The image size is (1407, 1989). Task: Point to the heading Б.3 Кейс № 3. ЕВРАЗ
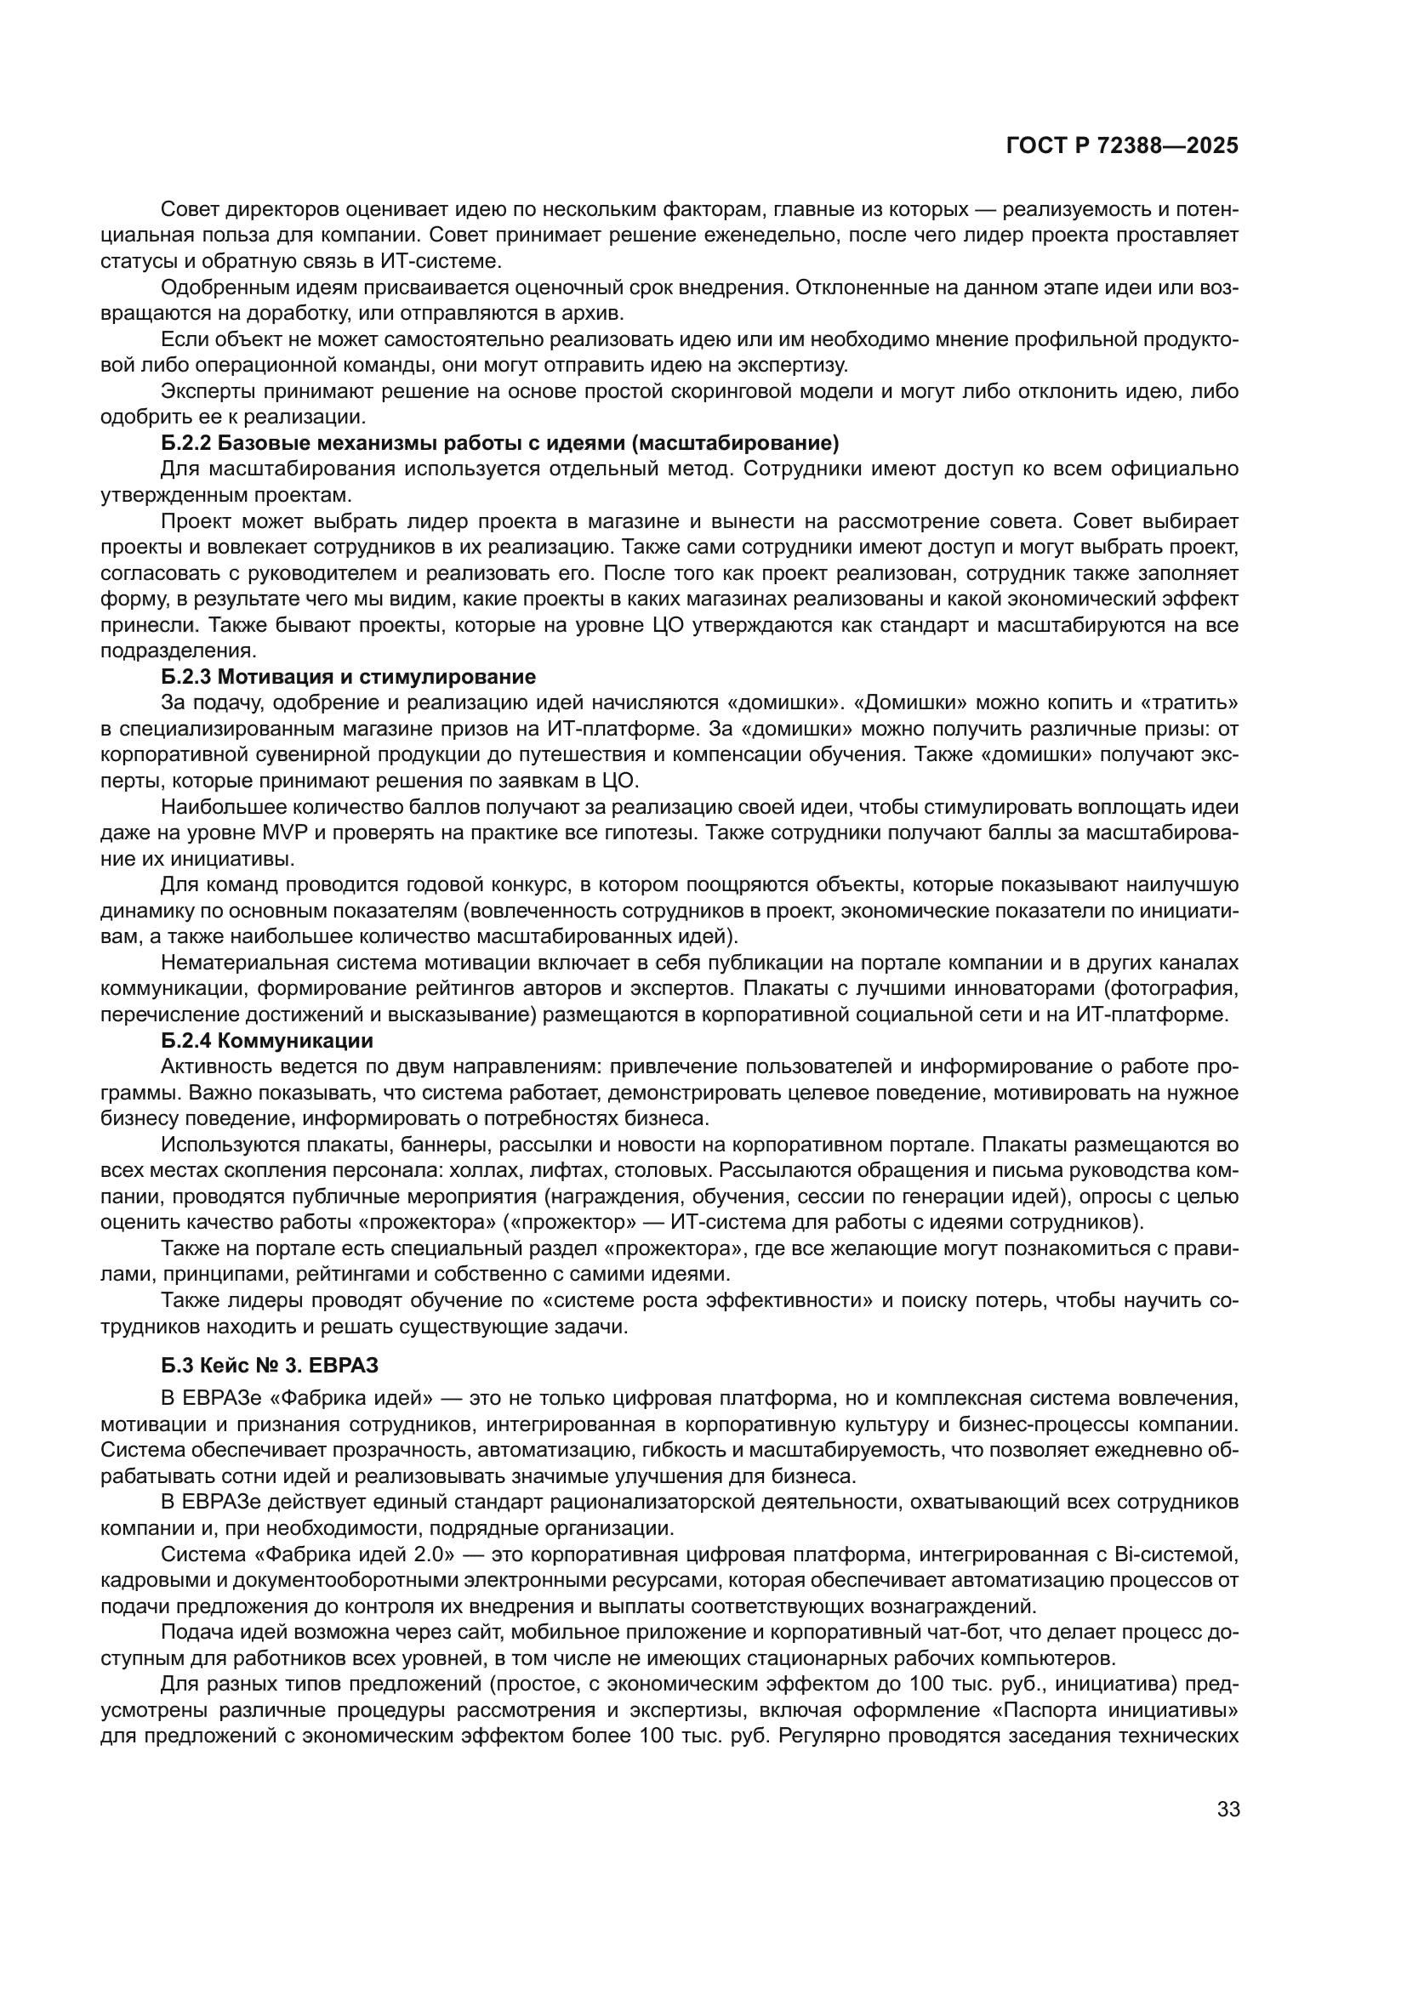270,1366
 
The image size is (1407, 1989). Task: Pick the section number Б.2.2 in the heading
186,444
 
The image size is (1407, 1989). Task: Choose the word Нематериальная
246,963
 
